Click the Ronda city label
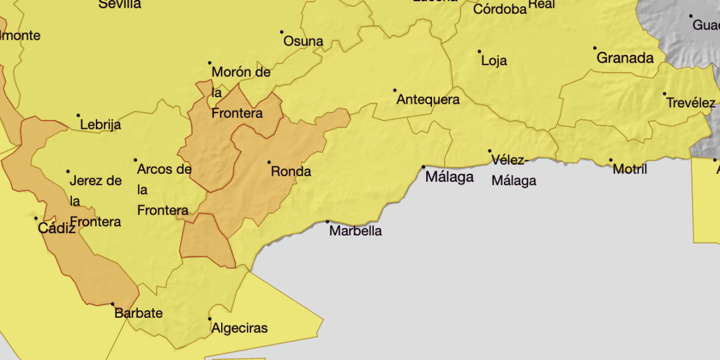[291, 171]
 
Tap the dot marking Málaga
[424, 167]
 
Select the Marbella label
[356, 231]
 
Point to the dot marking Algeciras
[210, 318]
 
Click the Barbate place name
[138, 313]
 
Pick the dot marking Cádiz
[36, 219]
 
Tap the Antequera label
[428, 100]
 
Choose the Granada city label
[625, 58]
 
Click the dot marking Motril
[611, 160]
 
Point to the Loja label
[494, 61]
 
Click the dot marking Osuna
[282, 32]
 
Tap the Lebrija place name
[100, 125]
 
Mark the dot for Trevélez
[664, 94]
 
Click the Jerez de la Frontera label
[95, 201]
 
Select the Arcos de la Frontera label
[164, 189]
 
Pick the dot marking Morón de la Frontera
[210, 63]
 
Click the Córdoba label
[500, 9]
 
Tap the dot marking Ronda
[269, 162]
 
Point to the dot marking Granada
[594, 48]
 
